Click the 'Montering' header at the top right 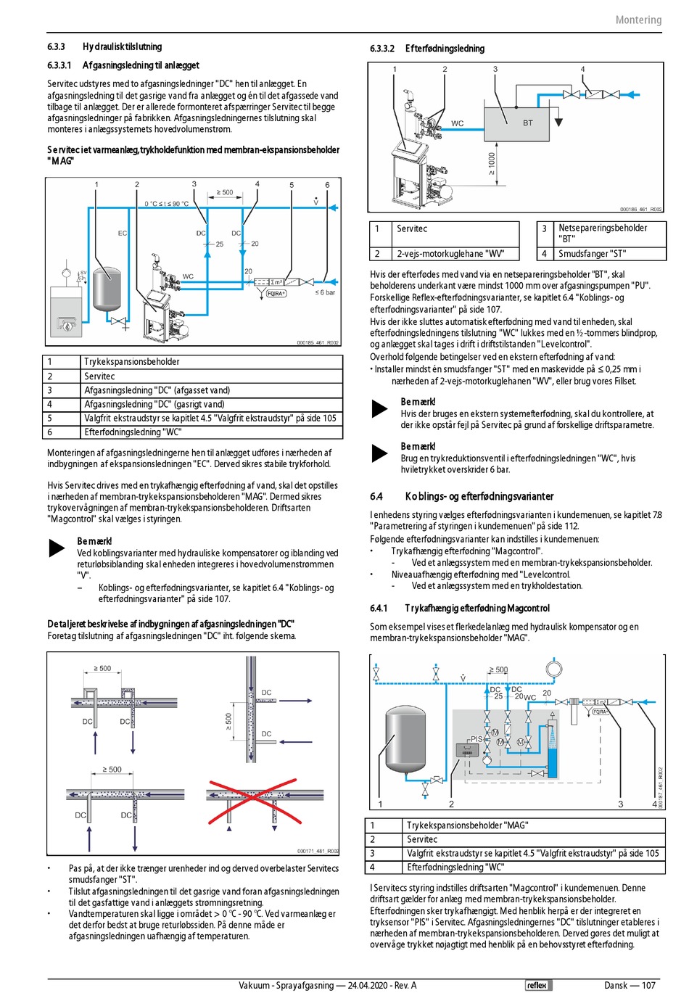tap(638, 20)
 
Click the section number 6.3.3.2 tap(381, 49)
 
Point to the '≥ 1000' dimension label tap(492, 163)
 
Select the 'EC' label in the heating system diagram tap(123, 234)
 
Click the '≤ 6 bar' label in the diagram tap(325, 292)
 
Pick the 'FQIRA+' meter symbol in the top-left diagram tap(276, 294)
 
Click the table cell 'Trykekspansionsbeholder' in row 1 tap(131, 362)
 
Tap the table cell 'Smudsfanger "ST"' tap(592, 254)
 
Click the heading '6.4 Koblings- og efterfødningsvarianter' tap(462, 497)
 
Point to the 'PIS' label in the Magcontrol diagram tap(476, 739)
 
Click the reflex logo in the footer tap(537, 985)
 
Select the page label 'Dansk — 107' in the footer tap(630, 985)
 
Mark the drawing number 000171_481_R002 tap(318, 851)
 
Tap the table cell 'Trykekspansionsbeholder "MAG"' tap(467, 825)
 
